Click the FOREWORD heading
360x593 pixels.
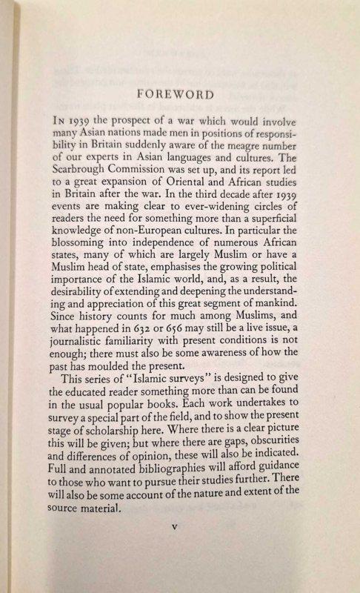click(180, 94)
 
